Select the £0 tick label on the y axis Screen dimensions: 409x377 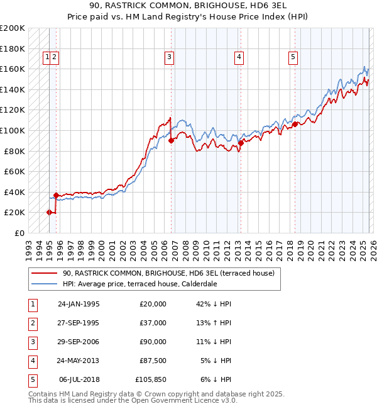tap(21, 233)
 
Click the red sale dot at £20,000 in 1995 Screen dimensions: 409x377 tap(49, 212)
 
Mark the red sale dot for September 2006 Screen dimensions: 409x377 tap(171, 141)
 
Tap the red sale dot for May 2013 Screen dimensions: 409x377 tap(240, 143)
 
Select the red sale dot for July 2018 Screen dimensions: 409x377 tap(295, 124)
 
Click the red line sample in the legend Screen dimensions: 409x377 tap(44, 274)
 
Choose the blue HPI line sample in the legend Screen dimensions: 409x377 tap(44, 284)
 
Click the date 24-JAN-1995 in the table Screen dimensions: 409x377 tap(79, 304)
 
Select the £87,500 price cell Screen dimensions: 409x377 tap(153, 361)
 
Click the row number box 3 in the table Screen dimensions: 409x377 tap(32, 342)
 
